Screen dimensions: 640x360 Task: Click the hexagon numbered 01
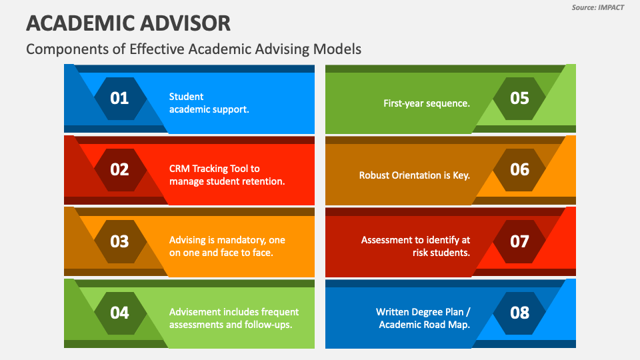[120, 99]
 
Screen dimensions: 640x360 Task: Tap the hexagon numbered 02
[120, 170]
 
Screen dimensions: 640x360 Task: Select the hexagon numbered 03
[120, 241]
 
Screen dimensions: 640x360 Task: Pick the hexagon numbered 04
[120, 313]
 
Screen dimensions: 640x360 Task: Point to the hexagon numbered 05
[519, 99]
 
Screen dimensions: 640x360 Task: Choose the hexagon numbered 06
[519, 170]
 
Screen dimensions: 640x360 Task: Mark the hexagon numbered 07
[519, 241]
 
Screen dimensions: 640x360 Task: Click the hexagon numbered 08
[519, 313]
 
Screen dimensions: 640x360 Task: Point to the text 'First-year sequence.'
[427, 103]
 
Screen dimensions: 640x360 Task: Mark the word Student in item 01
[186, 97]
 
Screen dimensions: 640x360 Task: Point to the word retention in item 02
[267, 181]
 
